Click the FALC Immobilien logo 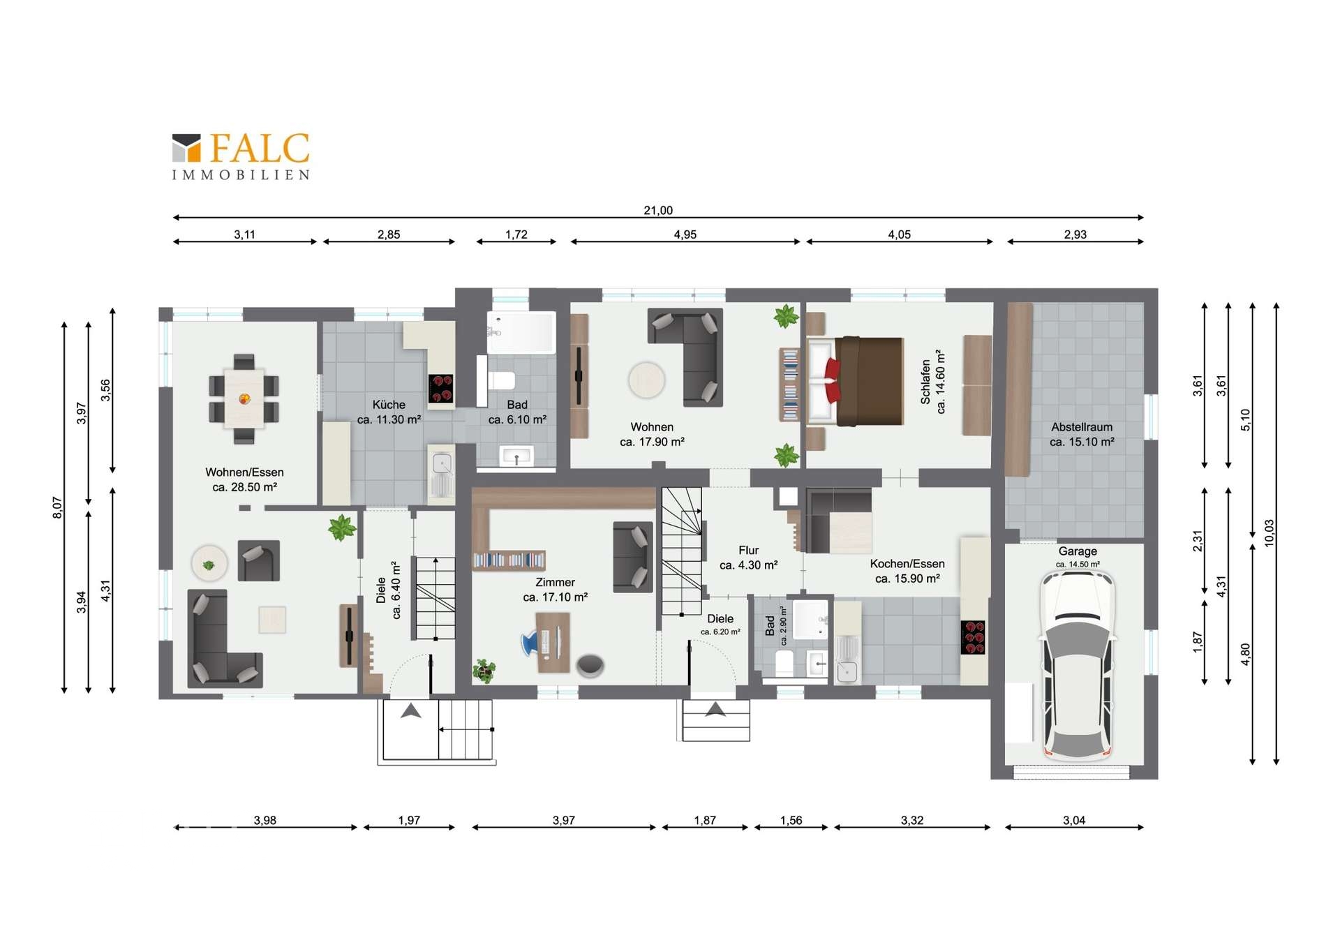(x=241, y=156)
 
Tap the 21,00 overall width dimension (x=658, y=210)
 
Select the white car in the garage (x=1078, y=666)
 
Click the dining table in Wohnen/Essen (x=244, y=398)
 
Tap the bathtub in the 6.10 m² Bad (x=521, y=332)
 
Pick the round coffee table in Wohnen (x=646, y=380)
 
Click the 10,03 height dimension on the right (x=1270, y=533)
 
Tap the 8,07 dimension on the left (x=57, y=507)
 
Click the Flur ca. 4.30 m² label (x=748, y=558)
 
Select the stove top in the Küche (x=441, y=389)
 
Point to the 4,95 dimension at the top (x=685, y=234)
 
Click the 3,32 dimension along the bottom (x=911, y=820)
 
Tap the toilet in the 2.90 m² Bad (x=784, y=663)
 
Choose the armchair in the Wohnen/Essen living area (x=259, y=560)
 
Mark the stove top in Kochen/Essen (x=973, y=637)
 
